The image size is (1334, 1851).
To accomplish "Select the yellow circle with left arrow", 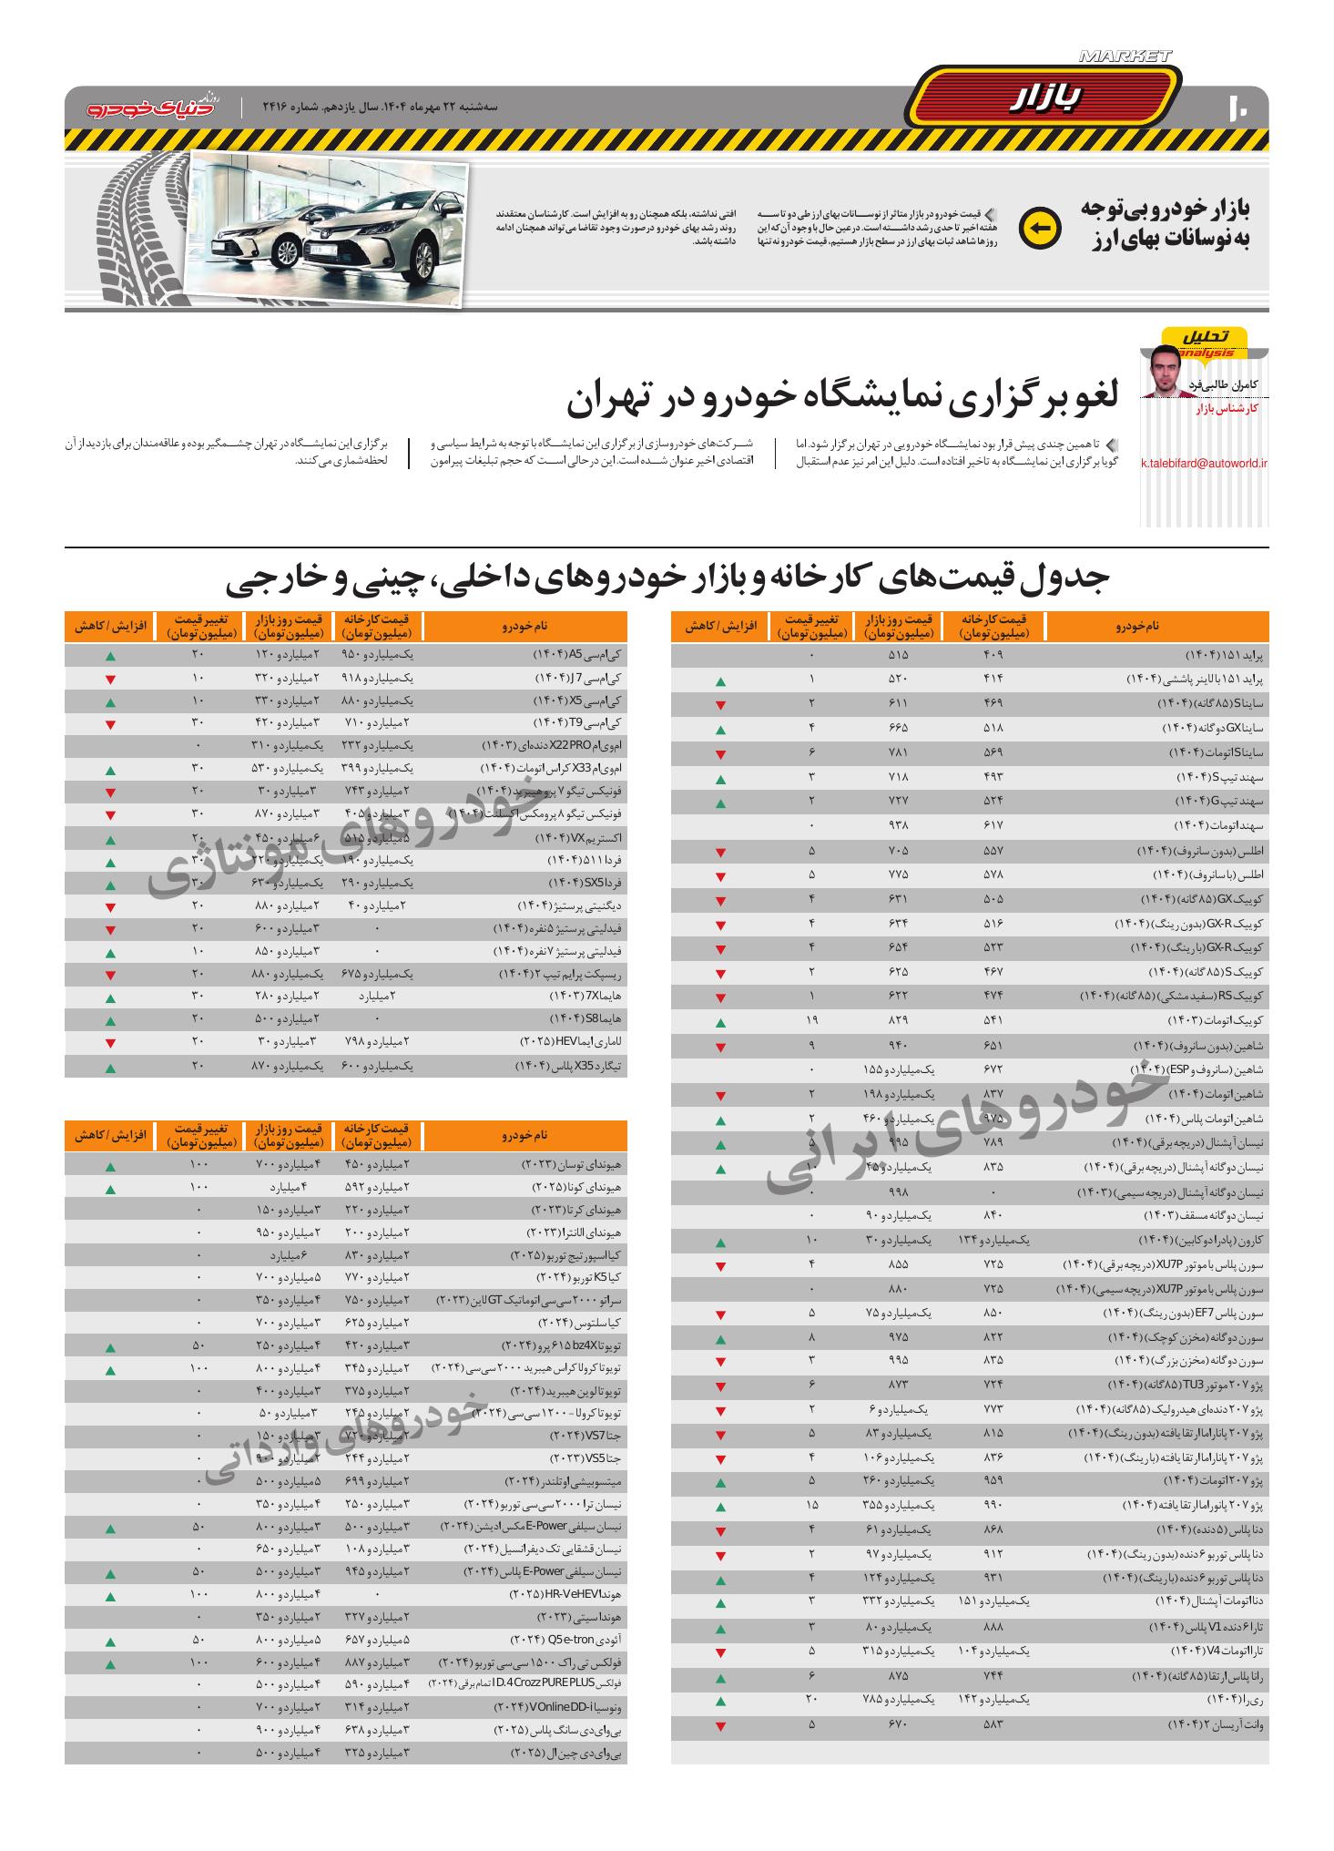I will click(1040, 228).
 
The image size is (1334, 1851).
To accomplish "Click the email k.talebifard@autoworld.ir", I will click(1204, 463).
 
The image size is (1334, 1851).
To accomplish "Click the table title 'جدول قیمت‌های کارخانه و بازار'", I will click(667, 579).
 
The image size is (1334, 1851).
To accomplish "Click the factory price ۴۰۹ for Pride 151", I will click(992, 656).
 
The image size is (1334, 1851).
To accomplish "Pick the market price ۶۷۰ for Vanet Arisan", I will click(898, 1724).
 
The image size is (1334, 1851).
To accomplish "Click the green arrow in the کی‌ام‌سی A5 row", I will click(110, 656).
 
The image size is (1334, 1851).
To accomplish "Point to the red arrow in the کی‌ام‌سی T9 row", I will click(110, 725).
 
